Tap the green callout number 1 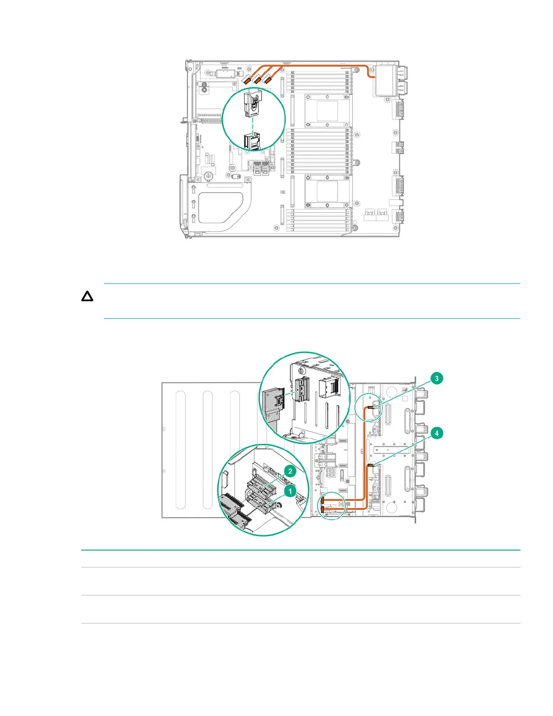290,491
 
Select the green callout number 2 290,471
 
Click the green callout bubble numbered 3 437,378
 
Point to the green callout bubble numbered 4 437,433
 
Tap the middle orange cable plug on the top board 257,80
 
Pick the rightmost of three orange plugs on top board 267,80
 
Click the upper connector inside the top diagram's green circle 252,104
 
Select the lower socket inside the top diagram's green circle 252,141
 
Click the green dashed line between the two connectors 253,126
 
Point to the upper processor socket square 327,111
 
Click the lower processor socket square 327,191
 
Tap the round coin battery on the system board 208,176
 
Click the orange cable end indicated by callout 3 370,408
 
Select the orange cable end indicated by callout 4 370,465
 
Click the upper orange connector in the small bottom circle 323,500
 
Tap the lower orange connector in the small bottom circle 323,510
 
